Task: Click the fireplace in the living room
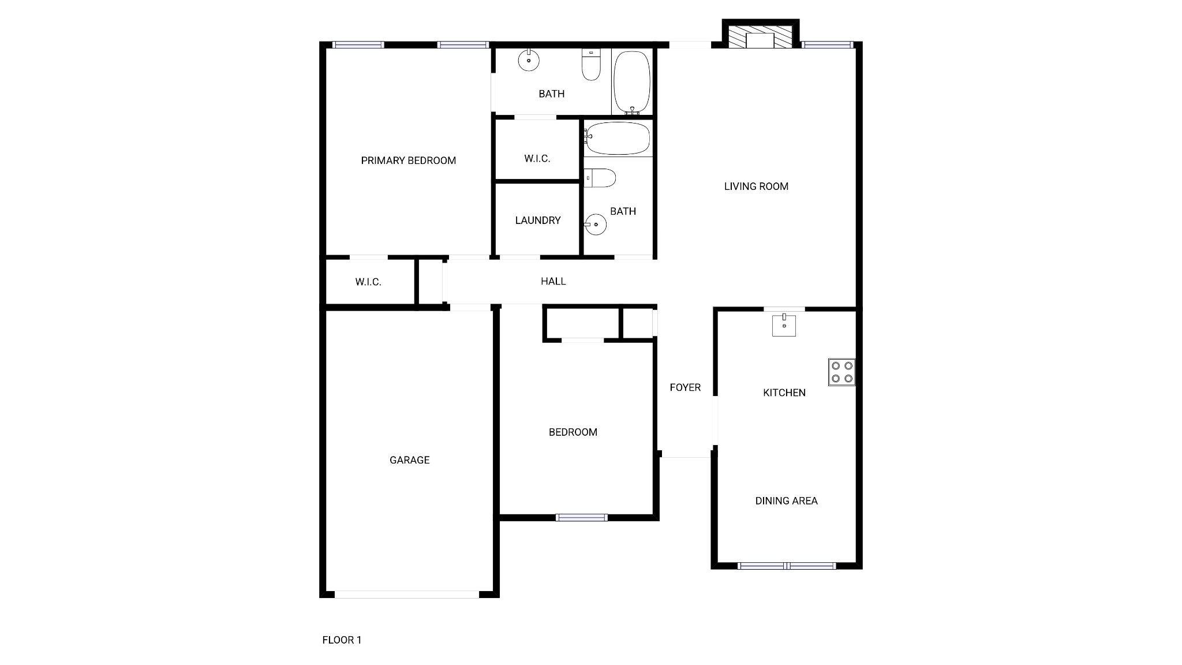point(760,36)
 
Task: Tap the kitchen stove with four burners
point(841,372)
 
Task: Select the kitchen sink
point(784,325)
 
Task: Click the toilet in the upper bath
point(591,65)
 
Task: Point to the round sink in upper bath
point(529,60)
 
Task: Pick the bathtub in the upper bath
point(632,83)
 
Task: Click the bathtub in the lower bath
point(618,138)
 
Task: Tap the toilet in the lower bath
point(600,178)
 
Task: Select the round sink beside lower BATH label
point(596,224)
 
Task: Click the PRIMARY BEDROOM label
point(409,160)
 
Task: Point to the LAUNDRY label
point(538,221)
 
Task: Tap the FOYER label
point(685,387)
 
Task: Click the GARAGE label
point(410,460)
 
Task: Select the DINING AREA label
point(787,501)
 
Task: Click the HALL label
point(553,281)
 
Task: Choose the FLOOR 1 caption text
point(342,640)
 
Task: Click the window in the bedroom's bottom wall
point(582,517)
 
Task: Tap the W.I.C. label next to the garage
point(368,282)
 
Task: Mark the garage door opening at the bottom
point(407,594)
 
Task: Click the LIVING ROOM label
point(756,186)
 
